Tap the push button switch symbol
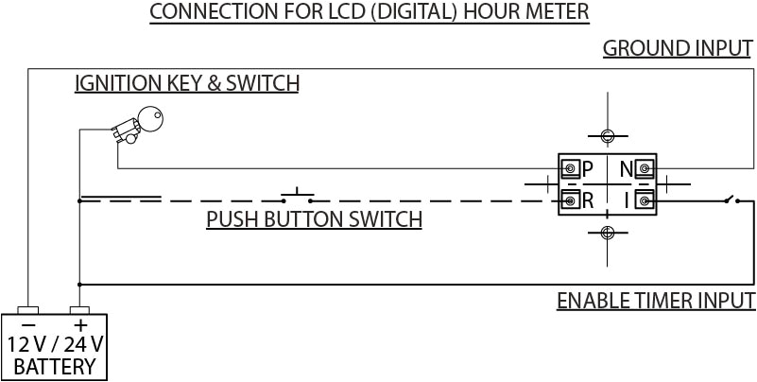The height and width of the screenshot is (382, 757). pyautogui.click(x=299, y=196)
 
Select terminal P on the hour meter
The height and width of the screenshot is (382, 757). pyautogui.click(x=571, y=169)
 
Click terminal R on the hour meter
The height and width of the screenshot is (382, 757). pyautogui.click(x=571, y=200)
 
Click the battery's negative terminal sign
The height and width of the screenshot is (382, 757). pyautogui.click(x=28, y=323)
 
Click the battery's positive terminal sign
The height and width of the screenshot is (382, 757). pyautogui.click(x=80, y=323)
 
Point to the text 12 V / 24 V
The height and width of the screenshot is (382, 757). pyautogui.click(x=54, y=344)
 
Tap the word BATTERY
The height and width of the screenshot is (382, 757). pyautogui.click(x=54, y=366)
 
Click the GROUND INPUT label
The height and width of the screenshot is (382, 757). pyautogui.click(x=678, y=48)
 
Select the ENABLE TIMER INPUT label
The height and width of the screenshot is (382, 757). pyautogui.click(x=655, y=302)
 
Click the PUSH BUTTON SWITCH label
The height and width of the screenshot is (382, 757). pyautogui.click(x=314, y=220)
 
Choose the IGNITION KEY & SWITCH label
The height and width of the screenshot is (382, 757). pyautogui.click(x=186, y=83)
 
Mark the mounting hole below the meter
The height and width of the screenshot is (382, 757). pyautogui.click(x=607, y=233)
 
